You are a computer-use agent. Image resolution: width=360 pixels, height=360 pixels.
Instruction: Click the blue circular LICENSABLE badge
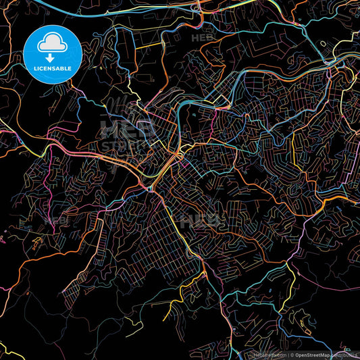[52, 55]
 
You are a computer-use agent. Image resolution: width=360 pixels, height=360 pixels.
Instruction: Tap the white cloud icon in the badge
[52, 44]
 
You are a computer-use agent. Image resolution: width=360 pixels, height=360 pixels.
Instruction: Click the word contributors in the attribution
[349, 355]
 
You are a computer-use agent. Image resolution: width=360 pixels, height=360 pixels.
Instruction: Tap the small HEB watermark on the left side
[55, 220]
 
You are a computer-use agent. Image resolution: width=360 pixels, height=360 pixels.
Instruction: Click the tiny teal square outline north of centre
[194, 115]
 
